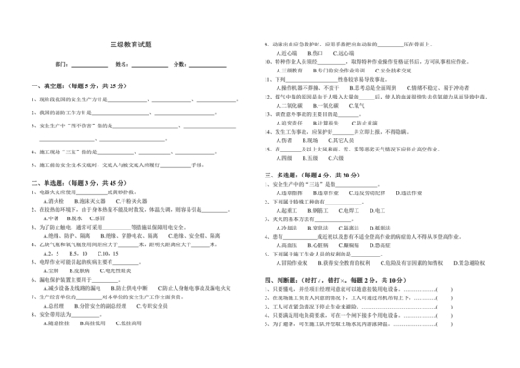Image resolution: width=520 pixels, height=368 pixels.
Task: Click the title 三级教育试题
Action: pyautogui.click(x=132, y=44)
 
